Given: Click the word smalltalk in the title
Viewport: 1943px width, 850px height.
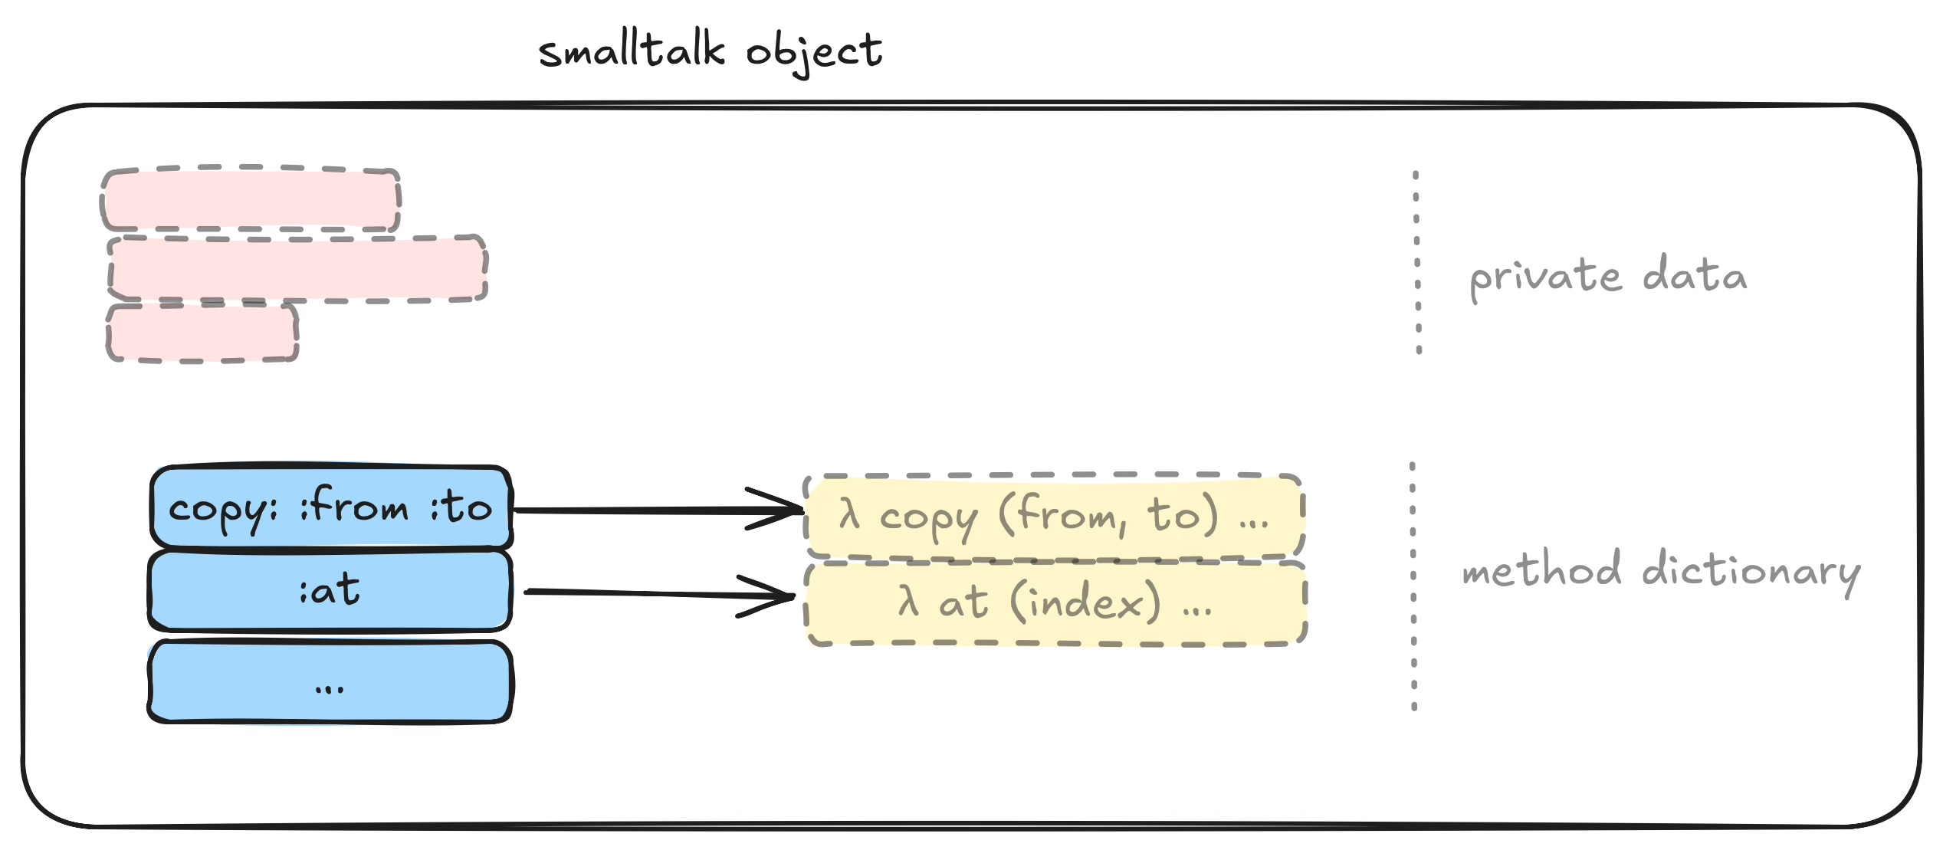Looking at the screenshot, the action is click(632, 51).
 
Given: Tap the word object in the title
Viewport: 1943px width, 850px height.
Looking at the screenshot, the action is click(814, 52).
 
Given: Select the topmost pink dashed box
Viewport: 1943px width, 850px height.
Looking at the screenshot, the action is click(251, 199).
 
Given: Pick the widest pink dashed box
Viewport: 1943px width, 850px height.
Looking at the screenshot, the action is click(297, 268).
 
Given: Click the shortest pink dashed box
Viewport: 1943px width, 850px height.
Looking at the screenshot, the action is click(202, 333).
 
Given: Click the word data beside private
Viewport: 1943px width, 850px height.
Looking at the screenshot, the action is click(1694, 274).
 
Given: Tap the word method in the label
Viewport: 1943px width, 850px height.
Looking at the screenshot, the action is click(1541, 570).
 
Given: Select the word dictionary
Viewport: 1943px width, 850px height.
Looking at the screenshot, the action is click(1751, 572).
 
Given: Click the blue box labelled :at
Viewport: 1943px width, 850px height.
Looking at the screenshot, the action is click(330, 591).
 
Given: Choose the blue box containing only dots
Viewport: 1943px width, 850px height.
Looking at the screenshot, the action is click(330, 682).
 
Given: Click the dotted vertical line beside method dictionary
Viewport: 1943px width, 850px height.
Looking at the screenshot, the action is click(1413, 586).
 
